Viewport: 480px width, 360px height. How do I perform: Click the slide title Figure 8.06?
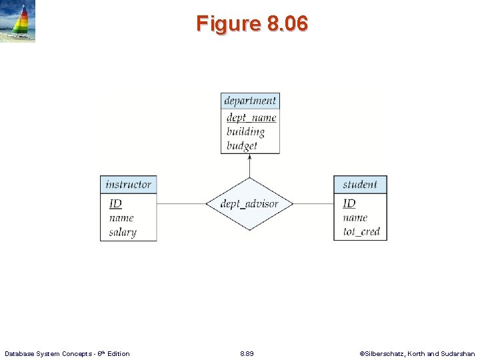pos(252,24)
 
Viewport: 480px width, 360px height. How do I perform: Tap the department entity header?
pos(250,101)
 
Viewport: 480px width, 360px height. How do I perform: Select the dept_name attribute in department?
pos(251,118)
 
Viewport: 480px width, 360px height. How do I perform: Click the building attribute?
pos(245,131)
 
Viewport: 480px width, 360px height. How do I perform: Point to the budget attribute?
pos(241,145)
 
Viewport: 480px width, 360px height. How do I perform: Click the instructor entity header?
pos(128,185)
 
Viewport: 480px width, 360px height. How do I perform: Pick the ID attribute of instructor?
pos(115,203)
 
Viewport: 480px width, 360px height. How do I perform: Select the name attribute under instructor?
pos(121,218)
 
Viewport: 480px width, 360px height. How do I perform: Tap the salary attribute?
pos(123,232)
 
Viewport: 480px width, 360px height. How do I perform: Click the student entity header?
pos(360,185)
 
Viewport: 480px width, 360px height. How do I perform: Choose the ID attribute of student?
pos(349,203)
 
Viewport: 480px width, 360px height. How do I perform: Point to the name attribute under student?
pos(355,218)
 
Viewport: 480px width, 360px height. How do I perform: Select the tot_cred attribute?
pos(361,232)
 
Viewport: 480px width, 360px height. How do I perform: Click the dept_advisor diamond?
pos(249,204)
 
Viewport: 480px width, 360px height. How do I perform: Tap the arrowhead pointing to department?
pos(249,157)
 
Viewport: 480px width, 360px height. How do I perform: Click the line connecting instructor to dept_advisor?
pos(181,203)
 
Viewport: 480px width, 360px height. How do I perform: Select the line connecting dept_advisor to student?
pos(313,203)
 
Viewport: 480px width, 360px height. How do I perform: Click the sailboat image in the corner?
pos(18,21)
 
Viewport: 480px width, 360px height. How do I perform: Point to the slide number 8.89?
pos(247,353)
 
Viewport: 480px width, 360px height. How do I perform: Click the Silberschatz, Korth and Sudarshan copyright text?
pos(417,353)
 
